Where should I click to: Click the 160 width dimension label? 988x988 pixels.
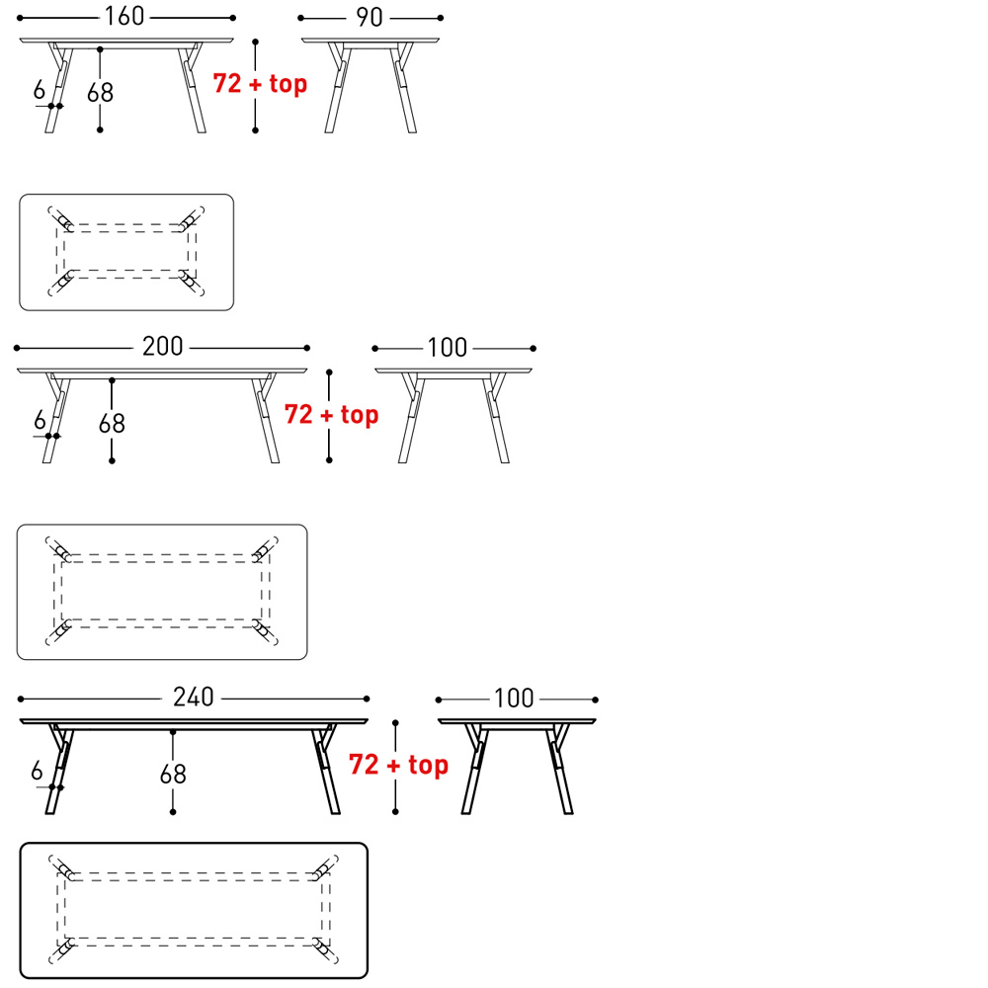tap(124, 17)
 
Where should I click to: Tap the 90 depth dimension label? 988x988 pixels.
tap(370, 18)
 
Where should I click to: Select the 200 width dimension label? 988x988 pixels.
tap(163, 347)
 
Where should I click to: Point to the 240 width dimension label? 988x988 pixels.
tap(194, 698)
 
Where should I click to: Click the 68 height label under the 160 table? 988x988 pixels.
tap(100, 93)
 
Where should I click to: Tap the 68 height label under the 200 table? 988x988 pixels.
tap(112, 424)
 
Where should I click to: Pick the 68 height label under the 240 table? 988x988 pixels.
tap(173, 775)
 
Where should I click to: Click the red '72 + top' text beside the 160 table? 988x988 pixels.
tap(260, 83)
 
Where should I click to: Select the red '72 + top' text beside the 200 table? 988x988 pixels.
tap(331, 415)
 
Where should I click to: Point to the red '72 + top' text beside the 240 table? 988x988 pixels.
tap(398, 765)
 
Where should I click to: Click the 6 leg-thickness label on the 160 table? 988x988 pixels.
tap(40, 90)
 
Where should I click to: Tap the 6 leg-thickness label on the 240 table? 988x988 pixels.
tap(37, 771)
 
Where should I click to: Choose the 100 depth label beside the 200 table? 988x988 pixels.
tap(448, 348)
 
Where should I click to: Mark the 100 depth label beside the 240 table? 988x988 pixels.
tap(514, 699)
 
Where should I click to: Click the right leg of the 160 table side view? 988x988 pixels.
tap(192, 88)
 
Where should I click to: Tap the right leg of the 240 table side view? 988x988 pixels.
tap(326, 770)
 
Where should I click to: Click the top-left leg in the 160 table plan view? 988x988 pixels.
tap(61, 218)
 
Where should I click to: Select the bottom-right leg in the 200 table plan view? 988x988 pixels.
tap(265, 632)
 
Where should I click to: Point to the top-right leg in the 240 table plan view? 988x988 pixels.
tap(325, 867)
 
